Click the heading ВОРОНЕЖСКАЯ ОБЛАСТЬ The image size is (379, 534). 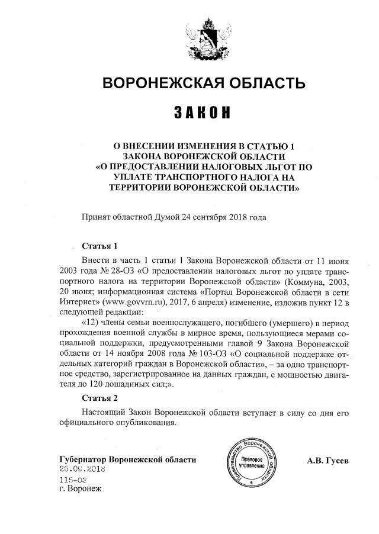tap(196, 82)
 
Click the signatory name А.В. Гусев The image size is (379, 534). tap(328, 460)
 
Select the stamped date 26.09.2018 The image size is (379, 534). tap(82, 469)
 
